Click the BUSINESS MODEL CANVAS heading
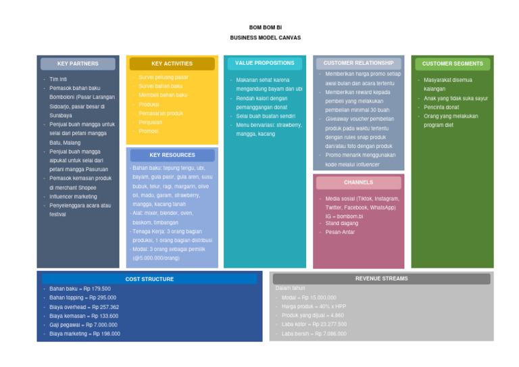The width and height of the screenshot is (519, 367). (x=265, y=38)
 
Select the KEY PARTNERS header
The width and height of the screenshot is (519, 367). (x=78, y=64)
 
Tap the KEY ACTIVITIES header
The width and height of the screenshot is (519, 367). (x=172, y=64)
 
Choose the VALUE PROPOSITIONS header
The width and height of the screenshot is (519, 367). (x=265, y=64)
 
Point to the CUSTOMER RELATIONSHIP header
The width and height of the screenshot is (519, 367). (x=358, y=64)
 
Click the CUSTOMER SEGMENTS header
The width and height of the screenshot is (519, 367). (x=452, y=64)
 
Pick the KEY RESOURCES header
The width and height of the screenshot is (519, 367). (x=172, y=155)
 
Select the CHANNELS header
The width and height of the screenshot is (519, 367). (x=358, y=182)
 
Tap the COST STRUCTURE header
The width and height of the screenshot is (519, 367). (x=149, y=279)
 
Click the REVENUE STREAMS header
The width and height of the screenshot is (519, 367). (x=381, y=278)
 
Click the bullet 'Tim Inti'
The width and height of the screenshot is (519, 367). (x=59, y=79)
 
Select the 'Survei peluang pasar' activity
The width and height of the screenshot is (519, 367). (x=164, y=78)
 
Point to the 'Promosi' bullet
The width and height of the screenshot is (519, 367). (x=148, y=131)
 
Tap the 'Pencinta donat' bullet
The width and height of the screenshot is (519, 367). (x=441, y=107)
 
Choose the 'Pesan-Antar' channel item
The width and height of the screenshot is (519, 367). (x=340, y=233)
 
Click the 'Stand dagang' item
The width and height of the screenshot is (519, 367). (x=341, y=223)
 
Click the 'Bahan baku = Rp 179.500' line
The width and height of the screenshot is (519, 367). (x=80, y=289)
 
